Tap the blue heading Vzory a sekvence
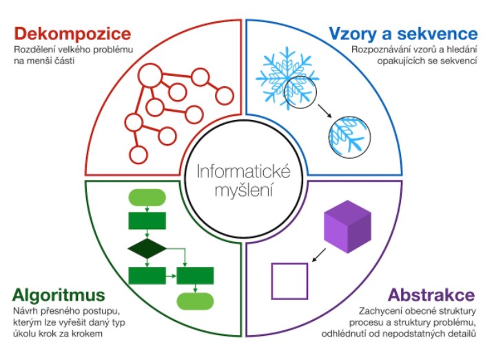pyautogui.click(x=402, y=33)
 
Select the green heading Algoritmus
pyautogui.click(x=59, y=296)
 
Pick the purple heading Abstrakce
pyautogui.click(x=431, y=296)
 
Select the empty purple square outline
pyautogui.click(x=290, y=281)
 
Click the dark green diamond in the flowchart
pyautogui.click(x=147, y=248)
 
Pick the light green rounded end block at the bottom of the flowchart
pyautogui.click(x=195, y=301)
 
